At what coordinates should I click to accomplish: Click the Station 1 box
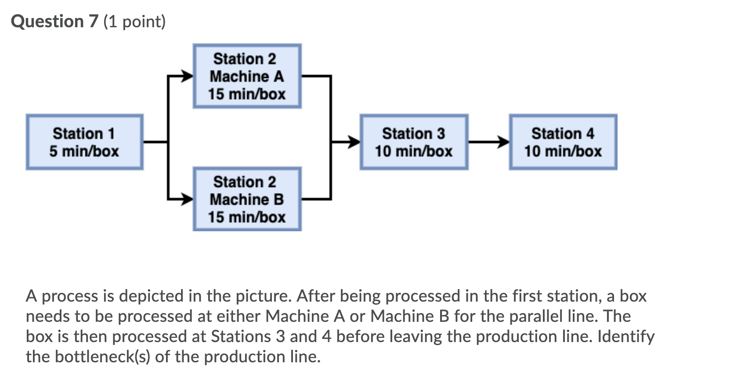[x=84, y=142]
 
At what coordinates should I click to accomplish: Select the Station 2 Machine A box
[x=247, y=76]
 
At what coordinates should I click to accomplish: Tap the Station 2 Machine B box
[x=247, y=199]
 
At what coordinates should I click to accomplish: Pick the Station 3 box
[x=414, y=142]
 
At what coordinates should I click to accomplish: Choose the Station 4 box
[x=563, y=142]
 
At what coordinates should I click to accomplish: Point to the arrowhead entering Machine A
[x=188, y=76]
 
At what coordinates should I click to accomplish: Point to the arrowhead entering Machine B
[x=188, y=199]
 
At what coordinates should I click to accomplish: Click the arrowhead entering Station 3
[x=355, y=142]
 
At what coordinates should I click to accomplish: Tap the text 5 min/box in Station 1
[x=84, y=151]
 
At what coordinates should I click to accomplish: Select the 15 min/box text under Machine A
[x=247, y=94]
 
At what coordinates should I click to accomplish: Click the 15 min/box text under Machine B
[x=247, y=217]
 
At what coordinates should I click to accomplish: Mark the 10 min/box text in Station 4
[x=563, y=151]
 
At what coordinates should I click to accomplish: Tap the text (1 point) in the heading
[x=134, y=22]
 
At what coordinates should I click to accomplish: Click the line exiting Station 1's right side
[x=155, y=142]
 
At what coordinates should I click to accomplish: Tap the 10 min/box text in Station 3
[x=413, y=151]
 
